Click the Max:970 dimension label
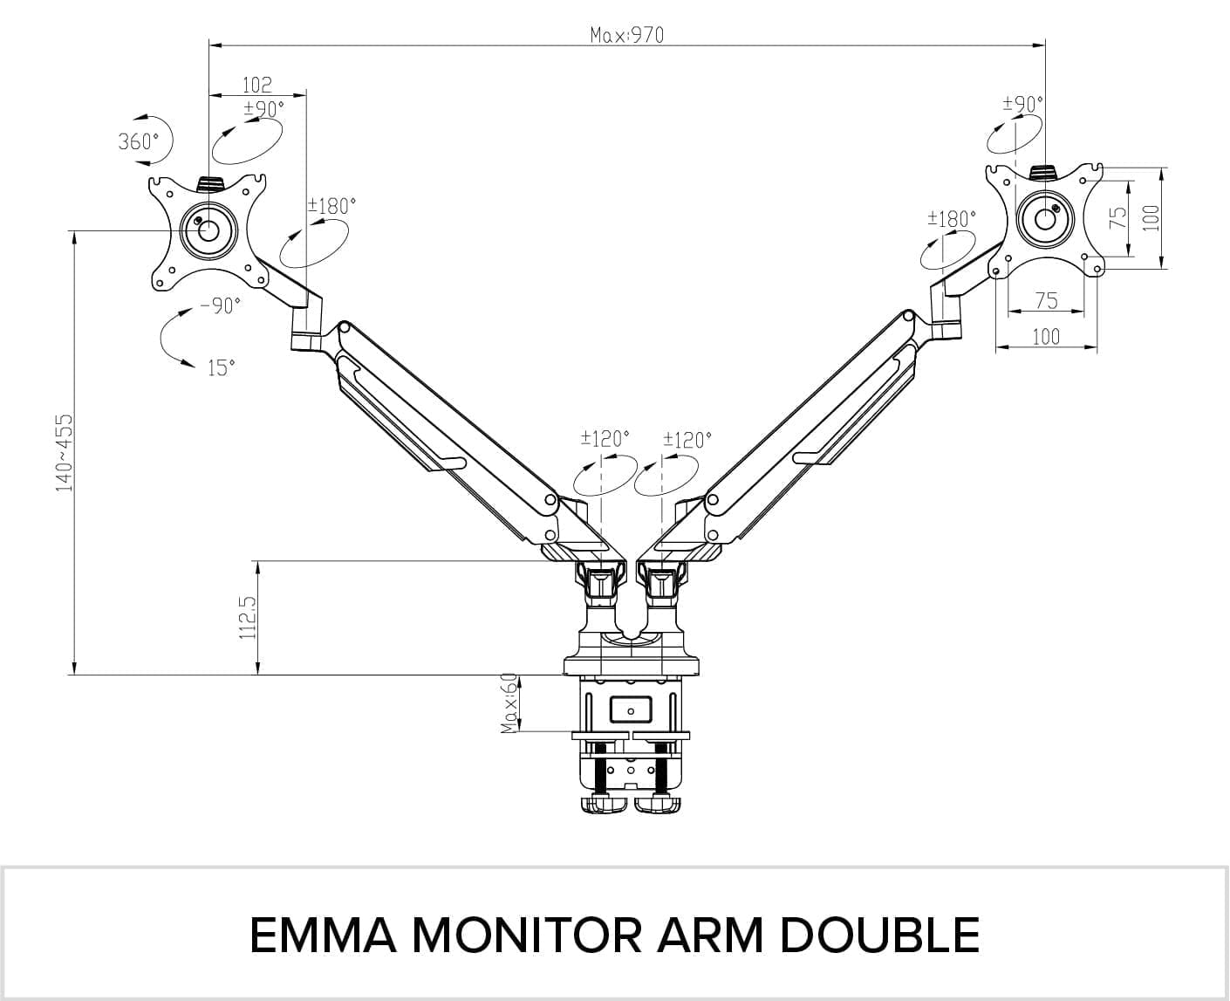[626, 35]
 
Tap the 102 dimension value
[256, 85]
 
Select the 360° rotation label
[139, 141]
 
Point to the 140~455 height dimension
[65, 452]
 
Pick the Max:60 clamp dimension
[510, 703]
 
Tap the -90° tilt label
[220, 305]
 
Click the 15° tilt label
[222, 368]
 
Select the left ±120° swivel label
[605, 438]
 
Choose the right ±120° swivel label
[687, 439]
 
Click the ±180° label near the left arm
[331, 206]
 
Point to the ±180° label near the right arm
[951, 218]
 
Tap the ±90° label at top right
[1022, 104]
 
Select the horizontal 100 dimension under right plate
[1046, 336]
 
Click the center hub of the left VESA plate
[208, 230]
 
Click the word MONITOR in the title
[528, 935]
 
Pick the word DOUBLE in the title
[879, 935]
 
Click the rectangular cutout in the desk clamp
[631, 708]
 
